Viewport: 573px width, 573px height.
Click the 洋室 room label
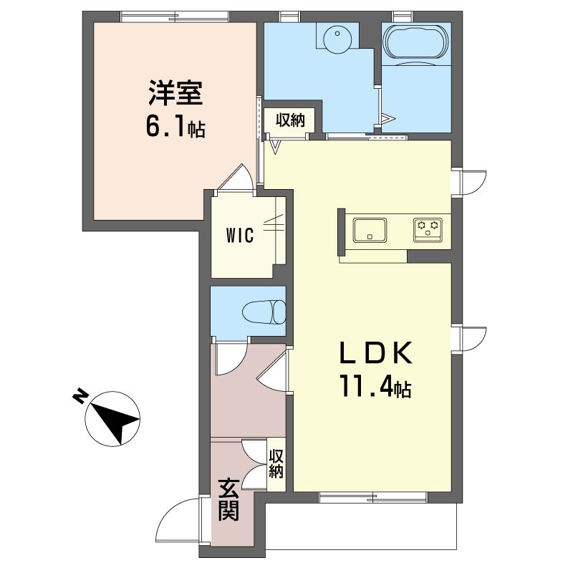tap(175, 93)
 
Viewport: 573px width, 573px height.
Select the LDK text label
tap(376, 352)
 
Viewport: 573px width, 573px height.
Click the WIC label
tap(240, 235)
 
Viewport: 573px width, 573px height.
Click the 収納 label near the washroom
tap(290, 120)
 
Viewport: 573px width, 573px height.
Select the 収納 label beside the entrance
tap(276, 463)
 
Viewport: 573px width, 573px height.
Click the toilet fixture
tap(264, 312)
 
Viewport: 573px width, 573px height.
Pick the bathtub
tap(416, 42)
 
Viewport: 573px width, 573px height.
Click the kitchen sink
tap(370, 230)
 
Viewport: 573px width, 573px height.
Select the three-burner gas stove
tap(428, 230)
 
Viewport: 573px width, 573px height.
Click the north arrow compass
tap(112, 419)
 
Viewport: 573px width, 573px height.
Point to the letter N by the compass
tap(80, 396)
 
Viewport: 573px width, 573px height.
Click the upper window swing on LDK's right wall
tap(474, 183)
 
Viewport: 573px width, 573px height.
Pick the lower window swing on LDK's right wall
tap(474, 339)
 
